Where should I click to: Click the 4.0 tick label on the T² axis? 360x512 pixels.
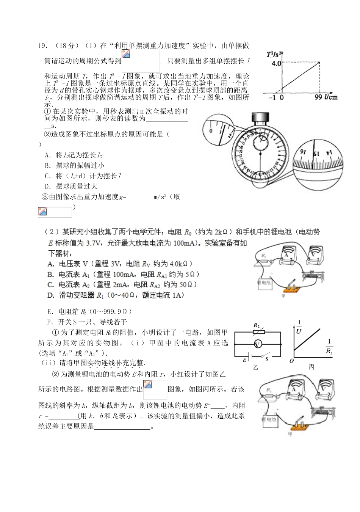click(x=275, y=63)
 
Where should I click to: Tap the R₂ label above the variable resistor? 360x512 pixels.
click(x=257, y=325)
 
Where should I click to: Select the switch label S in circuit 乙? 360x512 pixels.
click(x=267, y=359)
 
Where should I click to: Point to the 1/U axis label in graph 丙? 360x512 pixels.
click(x=299, y=327)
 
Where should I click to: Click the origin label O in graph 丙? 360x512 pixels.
click(x=291, y=361)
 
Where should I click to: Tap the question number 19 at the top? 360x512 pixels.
click(x=42, y=46)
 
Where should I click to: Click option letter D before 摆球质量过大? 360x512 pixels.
click(x=47, y=186)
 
